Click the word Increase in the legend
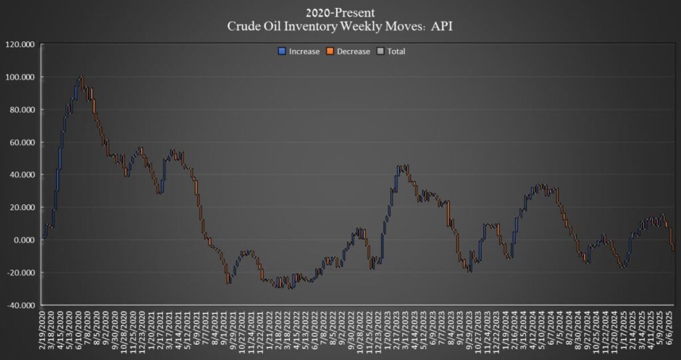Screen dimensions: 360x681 [305, 51]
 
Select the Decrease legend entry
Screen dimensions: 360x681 [352, 51]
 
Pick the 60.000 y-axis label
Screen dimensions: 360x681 [23, 142]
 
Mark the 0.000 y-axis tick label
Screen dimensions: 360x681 [25, 240]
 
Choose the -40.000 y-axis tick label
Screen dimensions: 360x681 [22, 305]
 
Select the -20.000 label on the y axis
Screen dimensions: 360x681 [22, 273]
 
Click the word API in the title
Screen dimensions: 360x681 [440, 27]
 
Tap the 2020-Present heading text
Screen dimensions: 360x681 [340, 13]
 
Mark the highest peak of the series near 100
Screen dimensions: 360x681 [81, 77]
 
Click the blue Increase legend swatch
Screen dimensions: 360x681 [282, 51]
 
